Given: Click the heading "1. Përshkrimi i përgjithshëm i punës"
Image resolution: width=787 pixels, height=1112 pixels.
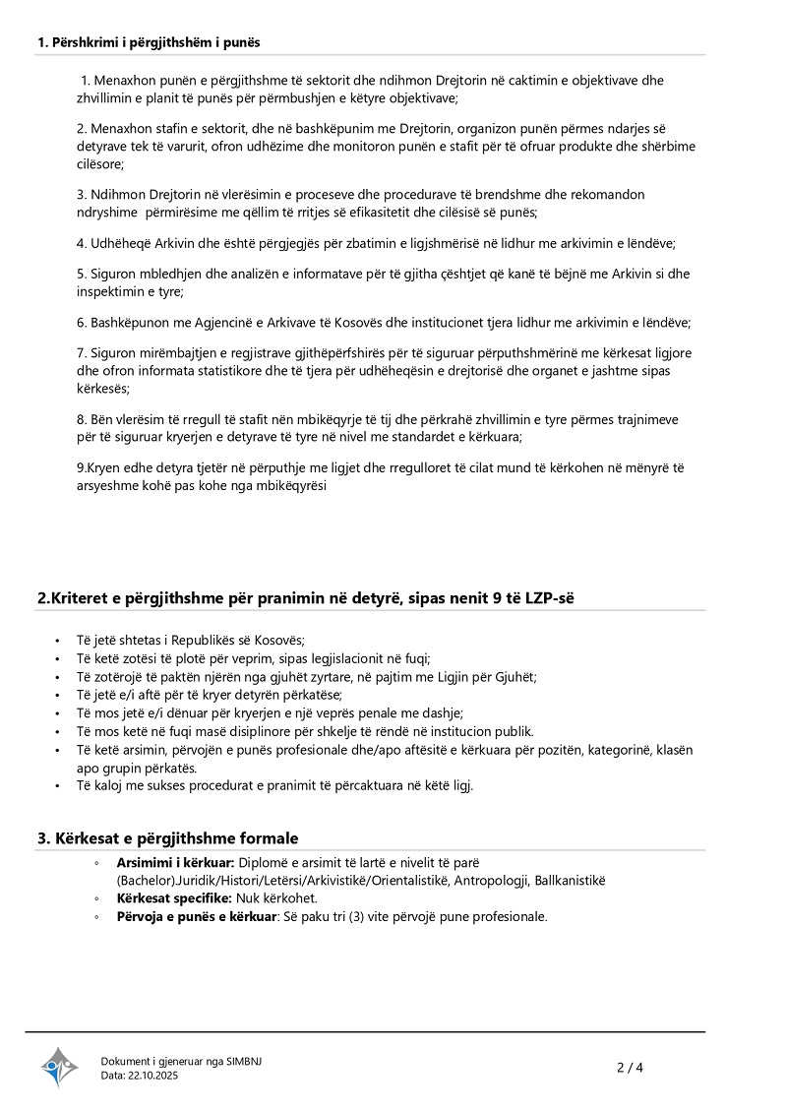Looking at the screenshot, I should [x=149, y=42].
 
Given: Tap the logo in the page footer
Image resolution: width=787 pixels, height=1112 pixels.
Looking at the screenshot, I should [x=59, y=1066].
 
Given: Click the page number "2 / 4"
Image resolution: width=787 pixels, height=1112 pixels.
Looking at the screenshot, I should [x=630, y=1067].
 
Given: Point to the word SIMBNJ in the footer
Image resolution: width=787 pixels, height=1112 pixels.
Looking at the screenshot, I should [x=245, y=1061].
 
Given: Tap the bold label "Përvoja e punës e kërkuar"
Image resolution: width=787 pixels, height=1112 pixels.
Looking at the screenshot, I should [x=195, y=916].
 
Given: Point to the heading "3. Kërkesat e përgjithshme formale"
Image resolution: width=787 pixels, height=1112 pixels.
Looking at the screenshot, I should [x=167, y=838].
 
